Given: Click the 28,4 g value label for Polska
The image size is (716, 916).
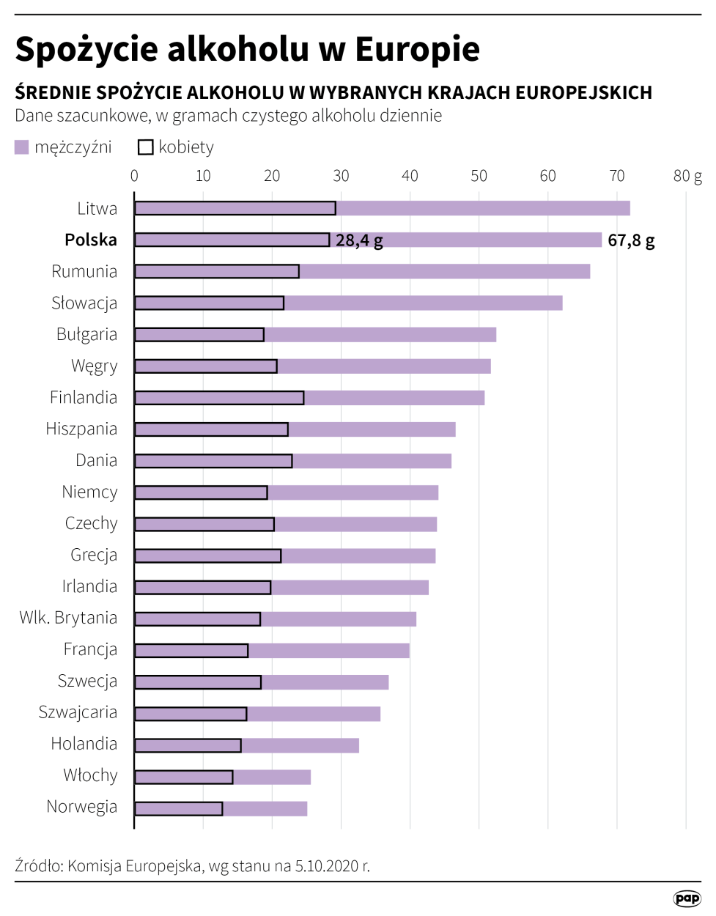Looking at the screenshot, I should tap(359, 240).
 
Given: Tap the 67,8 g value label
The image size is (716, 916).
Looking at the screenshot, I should tap(631, 240).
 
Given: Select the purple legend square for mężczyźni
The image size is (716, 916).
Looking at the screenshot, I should tap(22, 147).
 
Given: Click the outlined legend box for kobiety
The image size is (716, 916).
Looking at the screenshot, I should tap(145, 147).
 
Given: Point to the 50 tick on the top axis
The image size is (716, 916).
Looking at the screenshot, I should tap(479, 176).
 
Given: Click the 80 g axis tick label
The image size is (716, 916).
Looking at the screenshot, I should tap(687, 176).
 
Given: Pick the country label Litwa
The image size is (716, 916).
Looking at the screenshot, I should tap(97, 209).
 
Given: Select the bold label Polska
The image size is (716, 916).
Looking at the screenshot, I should tap(90, 240).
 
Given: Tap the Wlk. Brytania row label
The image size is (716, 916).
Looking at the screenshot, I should tap(68, 618).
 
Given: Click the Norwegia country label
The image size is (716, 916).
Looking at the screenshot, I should tap(81, 807).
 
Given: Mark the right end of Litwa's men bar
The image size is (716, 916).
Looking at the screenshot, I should tap(629, 209).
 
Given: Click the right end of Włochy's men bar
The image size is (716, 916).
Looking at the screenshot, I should tap(310, 777).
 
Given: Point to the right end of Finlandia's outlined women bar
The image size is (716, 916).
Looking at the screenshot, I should tap(303, 398).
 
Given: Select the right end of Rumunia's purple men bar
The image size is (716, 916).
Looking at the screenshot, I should tap(589, 272).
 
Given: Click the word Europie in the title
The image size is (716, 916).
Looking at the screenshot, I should tap(417, 49).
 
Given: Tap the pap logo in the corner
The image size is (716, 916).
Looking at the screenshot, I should tap(687, 898).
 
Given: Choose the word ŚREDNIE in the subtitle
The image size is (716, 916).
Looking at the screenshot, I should tap(53, 93).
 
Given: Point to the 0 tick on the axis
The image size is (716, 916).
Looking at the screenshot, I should tap(134, 176).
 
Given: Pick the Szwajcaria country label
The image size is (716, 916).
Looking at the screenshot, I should tap(78, 712).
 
